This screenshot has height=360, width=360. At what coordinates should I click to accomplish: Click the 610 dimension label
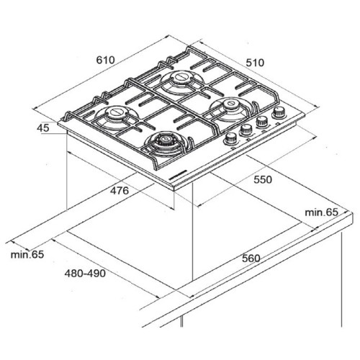(x=106, y=60)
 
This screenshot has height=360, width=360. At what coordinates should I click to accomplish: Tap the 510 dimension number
(x=255, y=63)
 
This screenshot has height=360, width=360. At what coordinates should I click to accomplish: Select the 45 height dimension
(x=43, y=127)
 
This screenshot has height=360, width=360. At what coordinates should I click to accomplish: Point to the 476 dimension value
(x=120, y=191)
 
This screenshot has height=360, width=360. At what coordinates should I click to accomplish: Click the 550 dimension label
(x=263, y=179)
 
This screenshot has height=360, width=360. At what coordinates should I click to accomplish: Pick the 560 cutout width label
(x=251, y=258)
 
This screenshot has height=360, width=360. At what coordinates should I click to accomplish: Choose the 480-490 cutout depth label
(x=85, y=274)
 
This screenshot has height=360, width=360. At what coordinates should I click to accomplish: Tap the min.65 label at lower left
(x=27, y=254)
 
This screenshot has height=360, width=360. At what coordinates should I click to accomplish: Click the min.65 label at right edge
(x=321, y=212)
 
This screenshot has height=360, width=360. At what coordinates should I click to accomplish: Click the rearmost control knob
(x=279, y=112)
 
